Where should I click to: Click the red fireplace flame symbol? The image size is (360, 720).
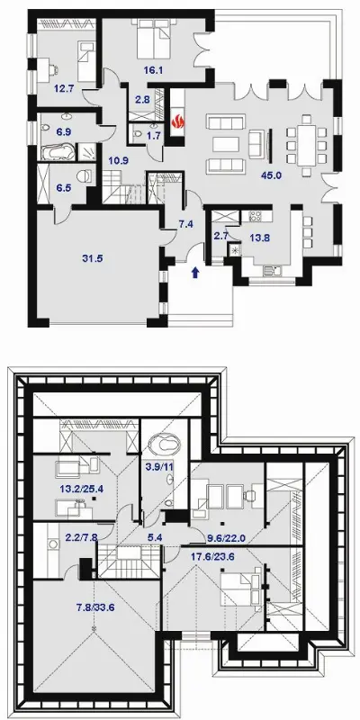(x=177, y=122)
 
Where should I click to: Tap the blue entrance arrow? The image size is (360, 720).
(x=195, y=273)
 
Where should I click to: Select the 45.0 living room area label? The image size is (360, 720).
(x=271, y=175)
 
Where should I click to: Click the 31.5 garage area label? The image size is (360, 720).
(x=93, y=258)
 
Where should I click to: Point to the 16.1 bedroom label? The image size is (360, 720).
(x=153, y=70)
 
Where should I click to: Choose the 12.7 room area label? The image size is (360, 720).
(x=64, y=88)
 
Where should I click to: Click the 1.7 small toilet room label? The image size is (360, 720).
(x=154, y=135)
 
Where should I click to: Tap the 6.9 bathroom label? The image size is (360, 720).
(x=63, y=131)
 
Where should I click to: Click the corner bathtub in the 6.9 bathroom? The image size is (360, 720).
(x=58, y=151)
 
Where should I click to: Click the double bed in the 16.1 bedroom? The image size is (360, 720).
(x=154, y=38)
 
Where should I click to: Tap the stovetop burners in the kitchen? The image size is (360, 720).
(x=255, y=216)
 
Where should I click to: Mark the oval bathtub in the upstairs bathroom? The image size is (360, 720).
(x=164, y=444)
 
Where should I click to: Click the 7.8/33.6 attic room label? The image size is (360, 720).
(x=95, y=607)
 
